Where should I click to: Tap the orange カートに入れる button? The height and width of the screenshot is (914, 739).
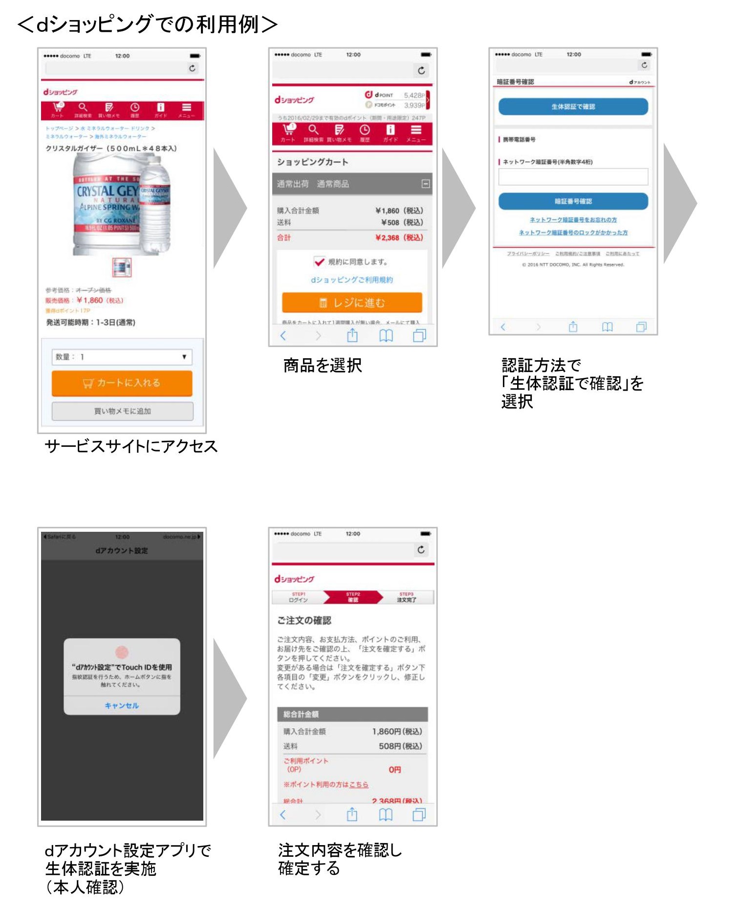click(x=122, y=383)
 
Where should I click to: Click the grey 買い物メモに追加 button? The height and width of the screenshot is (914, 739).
click(x=122, y=411)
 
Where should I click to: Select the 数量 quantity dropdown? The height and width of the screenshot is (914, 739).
click(x=122, y=357)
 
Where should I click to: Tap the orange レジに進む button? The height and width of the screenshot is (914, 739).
click(x=352, y=303)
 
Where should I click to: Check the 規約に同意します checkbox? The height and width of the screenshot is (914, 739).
click(x=319, y=262)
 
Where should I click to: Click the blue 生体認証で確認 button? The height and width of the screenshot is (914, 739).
click(x=573, y=107)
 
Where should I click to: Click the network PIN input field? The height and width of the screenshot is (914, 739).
click(x=573, y=177)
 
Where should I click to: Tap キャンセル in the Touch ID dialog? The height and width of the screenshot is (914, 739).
click(x=122, y=705)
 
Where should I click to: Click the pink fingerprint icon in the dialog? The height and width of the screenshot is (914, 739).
click(x=122, y=652)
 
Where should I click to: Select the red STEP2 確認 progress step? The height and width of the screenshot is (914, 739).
click(x=353, y=597)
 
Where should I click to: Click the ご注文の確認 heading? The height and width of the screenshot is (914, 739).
click(x=304, y=620)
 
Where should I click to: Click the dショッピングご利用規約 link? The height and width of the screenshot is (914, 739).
click(x=352, y=280)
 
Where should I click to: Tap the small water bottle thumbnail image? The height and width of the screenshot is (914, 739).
click(x=122, y=267)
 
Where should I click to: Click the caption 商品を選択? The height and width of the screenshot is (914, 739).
click(x=323, y=365)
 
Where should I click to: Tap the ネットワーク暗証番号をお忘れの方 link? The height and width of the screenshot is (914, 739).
click(x=573, y=220)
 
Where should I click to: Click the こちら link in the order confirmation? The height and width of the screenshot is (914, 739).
click(x=359, y=784)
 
